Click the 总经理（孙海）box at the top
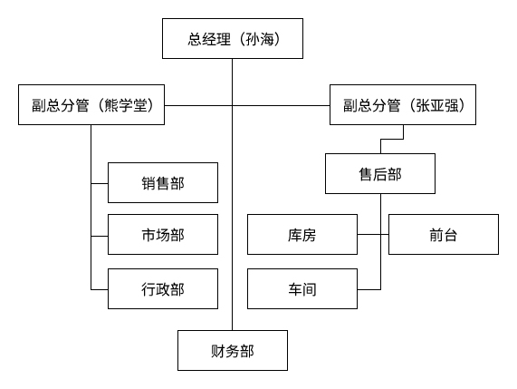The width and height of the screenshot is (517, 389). (x=232, y=40)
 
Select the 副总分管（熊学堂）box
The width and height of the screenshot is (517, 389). (x=91, y=105)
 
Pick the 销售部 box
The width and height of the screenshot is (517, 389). (x=163, y=182)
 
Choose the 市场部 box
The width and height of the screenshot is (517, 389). (x=163, y=235)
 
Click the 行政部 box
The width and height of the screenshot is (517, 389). (x=163, y=289)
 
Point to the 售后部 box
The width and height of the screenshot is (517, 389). (x=379, y=174)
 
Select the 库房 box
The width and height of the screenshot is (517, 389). (x=302, y=235)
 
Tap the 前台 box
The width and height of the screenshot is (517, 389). (x=444, y=235)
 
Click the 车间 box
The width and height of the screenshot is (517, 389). (x=302, y=289)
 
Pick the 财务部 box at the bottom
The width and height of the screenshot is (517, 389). (x=232, y=351)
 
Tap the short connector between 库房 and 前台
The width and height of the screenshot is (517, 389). (x=372, y=235)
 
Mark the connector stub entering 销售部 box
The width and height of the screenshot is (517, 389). (x=100, y=182)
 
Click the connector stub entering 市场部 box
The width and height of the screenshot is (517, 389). (x=100, y=235)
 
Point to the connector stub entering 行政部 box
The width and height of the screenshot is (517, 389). (x=100, y=289)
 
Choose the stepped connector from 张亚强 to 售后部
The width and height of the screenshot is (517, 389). (x=391, y=140)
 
